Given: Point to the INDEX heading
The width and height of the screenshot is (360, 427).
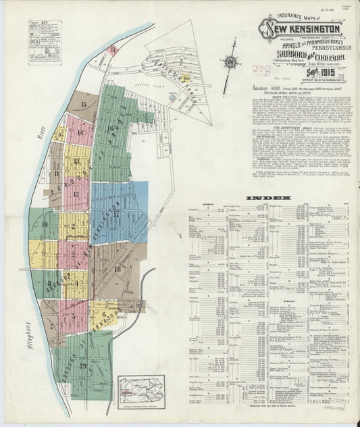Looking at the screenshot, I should (x=269, y=197).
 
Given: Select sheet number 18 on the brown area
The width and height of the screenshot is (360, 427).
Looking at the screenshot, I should (x=118, y=269).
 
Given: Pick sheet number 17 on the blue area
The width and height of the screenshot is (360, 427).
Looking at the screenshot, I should (x=117, y=214).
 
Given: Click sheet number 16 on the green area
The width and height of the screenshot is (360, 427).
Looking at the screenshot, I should (x=109, y=127).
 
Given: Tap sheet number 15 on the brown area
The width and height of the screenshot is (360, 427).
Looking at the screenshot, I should (x=84, y=103).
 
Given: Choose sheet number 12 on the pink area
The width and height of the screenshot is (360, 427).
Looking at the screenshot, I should (x=76, y=197).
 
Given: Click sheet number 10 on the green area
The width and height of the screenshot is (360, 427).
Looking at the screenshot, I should (x=45, y=224).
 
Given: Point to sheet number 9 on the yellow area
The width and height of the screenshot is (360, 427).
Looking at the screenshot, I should (x=43, y=254).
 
